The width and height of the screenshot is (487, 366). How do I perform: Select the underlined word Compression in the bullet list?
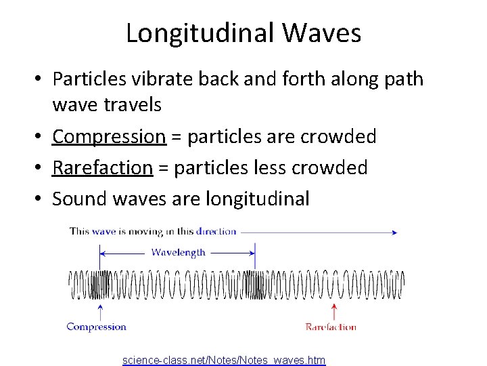109,137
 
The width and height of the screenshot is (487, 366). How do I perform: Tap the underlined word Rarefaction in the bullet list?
102,168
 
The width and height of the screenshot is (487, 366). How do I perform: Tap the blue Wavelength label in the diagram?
178,252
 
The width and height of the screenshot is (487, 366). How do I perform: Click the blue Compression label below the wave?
97,327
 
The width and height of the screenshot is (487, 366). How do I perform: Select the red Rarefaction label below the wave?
331,327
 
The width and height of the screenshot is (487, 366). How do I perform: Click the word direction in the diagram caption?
216,231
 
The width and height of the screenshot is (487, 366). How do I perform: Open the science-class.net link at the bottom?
224,360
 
